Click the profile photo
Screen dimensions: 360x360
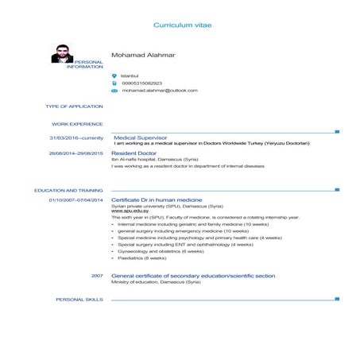(x=62, y=53)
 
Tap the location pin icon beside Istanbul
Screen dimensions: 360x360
(x=114, y=75)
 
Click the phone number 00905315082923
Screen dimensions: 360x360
(x=141, y=83)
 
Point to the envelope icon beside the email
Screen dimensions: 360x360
(x=114, y=91)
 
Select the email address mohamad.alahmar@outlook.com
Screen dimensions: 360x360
(x=159, y=91)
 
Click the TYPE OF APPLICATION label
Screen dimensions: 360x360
(x=75, y=106)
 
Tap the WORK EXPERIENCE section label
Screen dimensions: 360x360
(x=78, y=124)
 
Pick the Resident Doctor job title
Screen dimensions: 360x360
(x=134, y=153)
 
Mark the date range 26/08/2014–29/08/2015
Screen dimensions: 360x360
(x=76, y=153)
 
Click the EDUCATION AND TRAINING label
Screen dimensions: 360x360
(x=69, y=191)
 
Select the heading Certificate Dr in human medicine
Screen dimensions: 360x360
(x=157, y=199)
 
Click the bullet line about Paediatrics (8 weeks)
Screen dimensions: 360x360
(x=141, y=257)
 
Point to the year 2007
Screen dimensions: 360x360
(x=97, y=275)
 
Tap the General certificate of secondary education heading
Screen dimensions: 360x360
(x=193, y=275)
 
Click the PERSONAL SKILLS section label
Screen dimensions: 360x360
(x=79, y=300)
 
